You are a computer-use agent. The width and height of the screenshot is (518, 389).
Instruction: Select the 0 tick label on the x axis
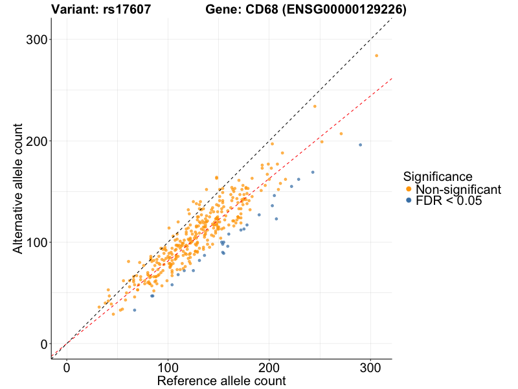[67, 367]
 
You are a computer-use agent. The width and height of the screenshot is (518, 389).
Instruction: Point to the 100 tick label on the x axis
[168, 367]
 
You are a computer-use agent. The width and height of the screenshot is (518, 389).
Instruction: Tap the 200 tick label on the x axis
[269, 367]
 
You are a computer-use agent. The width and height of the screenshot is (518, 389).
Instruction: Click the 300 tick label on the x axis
[370, 367]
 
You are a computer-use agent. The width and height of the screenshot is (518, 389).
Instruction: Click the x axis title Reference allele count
[221, 381]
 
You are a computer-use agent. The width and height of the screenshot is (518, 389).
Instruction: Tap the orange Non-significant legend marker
[409, 189]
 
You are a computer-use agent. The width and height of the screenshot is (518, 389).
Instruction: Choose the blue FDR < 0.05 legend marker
[409, 202]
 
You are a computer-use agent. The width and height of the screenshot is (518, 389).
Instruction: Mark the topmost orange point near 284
[376, 56]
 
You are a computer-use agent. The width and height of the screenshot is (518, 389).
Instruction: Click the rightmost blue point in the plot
[361, 145]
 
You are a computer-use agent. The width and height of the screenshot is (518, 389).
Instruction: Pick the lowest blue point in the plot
[135, 310]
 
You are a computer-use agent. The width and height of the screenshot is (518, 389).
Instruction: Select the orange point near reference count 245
[315, 106]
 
